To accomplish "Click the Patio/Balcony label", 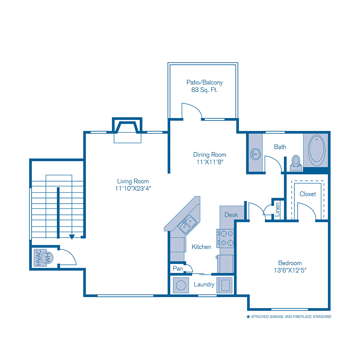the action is (x=204, y=82).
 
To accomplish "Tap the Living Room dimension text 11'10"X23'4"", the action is (x=133, y=188).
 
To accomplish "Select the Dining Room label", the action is (x=210, y=154).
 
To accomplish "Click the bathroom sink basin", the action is (x=255, y=154).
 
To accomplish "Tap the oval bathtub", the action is (x=317, y=150).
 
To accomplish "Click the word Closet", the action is (x=308, y=194).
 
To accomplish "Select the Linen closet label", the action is (x=277, y=210).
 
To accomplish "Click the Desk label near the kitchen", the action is (x=231, y=215).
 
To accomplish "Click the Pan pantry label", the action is (x=178, y=268).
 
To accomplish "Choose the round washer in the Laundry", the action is (x=181, y=285).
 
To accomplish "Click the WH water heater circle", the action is (x=47, y=258).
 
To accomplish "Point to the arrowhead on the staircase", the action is (x=72, y=237).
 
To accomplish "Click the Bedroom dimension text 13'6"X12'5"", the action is (x=290, y=270).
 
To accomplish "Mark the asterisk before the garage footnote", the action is (x=248, y=317).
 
